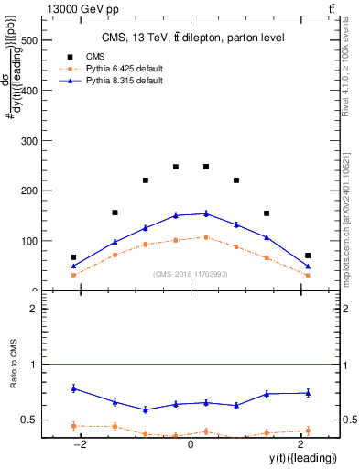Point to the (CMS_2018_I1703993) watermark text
coord(191,273)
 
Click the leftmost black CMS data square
coord(73,257)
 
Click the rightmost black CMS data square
coord(308,256)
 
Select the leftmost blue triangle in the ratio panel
coord(73,388)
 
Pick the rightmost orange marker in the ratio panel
coord(308,431)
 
